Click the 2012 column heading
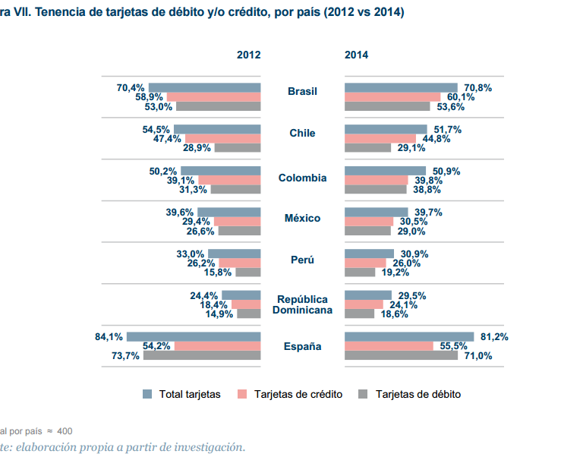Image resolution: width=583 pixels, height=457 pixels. click(x=248, y=55)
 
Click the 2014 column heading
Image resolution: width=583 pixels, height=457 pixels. click(x=357, y=55)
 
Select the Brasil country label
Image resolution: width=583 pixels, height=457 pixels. click(x=302, y=92)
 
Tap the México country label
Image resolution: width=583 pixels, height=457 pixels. click(x=302, y=219)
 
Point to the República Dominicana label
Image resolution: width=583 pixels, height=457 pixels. click(x=302, y=304)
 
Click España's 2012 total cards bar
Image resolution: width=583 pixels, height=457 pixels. click(x=194, y=336)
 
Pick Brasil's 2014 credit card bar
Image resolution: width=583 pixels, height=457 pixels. click(x=392, y=97)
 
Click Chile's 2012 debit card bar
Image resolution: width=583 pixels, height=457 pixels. click(x=237, y=147)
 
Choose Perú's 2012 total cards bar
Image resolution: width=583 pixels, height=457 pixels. click(x=234, y=254)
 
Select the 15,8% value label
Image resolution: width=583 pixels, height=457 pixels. click(x=219, y=272)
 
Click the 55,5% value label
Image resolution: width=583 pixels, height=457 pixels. click(x=453, y=346)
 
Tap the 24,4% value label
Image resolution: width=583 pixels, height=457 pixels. click(x=204, y=295)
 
